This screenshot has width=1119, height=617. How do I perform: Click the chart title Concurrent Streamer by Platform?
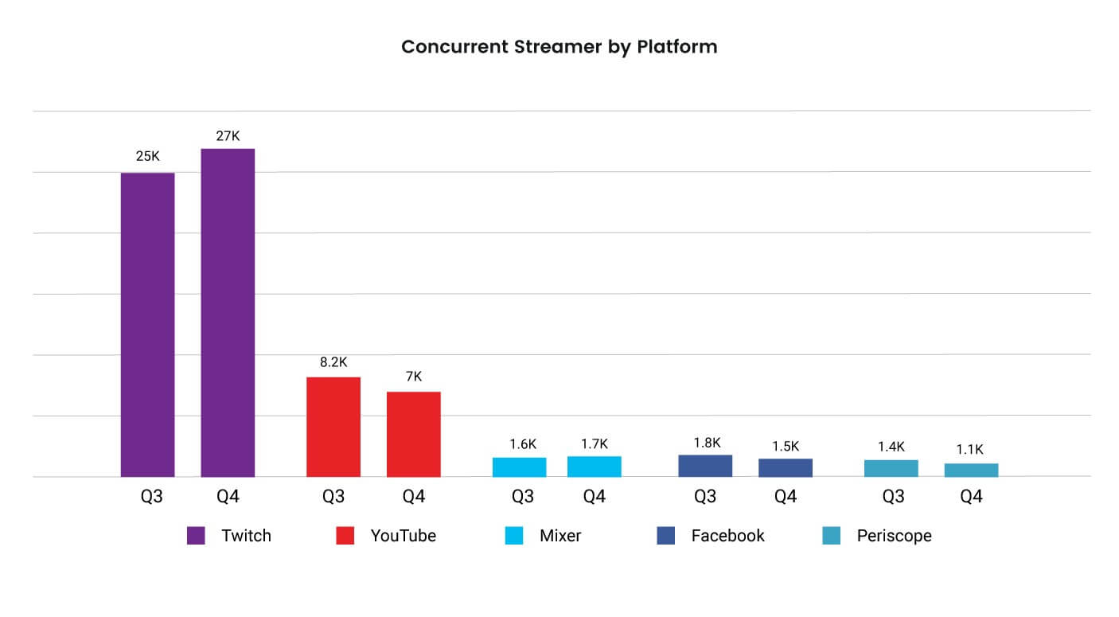point(559,47)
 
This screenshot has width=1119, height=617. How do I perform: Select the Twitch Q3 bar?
point(147,325)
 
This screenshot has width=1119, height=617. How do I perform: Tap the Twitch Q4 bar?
point(228,313)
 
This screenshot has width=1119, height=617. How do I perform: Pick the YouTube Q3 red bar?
point(333,427)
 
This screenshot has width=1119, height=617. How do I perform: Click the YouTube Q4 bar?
point(414,434)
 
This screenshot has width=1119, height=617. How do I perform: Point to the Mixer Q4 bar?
point(595,467)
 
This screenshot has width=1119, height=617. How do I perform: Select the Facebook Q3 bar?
point(705,466)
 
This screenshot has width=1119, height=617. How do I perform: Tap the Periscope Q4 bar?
point(971,470)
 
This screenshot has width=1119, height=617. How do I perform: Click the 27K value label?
point(228,136)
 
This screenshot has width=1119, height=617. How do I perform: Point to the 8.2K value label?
point(333,362)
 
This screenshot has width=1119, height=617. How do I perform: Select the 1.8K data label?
point(706,443)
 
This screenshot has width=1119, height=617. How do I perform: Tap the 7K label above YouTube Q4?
point(414,377)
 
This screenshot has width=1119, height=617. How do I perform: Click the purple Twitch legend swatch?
point(196,536)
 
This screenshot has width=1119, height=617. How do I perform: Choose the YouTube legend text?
point(403,536)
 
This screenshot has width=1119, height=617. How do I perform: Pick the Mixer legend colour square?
point(514,536)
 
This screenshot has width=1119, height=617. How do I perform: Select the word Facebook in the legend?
point(727,536)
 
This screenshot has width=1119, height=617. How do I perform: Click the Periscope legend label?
point(894,536)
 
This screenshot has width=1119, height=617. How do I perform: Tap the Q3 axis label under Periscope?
point(893,497)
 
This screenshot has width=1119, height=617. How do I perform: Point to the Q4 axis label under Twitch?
point(228,497)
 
